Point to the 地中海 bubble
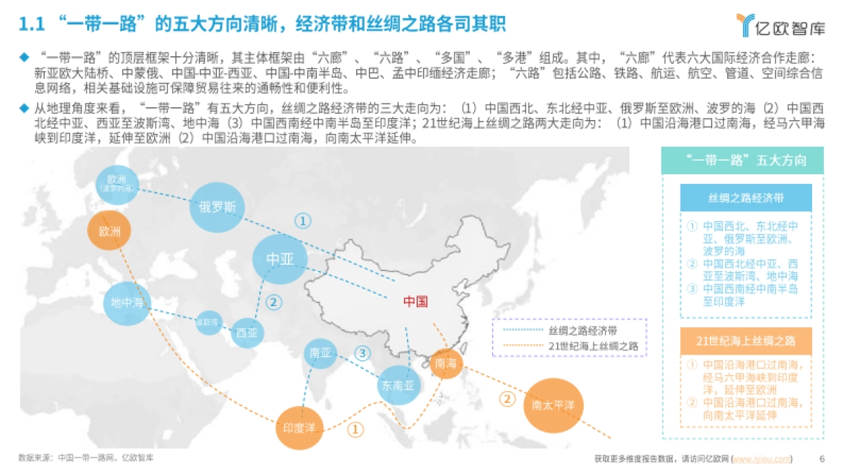127,303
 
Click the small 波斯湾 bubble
208,322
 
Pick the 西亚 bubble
247,331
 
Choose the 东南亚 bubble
398,385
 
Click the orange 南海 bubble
446,363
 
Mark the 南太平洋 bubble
554,405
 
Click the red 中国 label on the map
415,302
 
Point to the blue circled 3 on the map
362,353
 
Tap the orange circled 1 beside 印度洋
356,428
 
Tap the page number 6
822,459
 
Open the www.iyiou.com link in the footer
762,459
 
